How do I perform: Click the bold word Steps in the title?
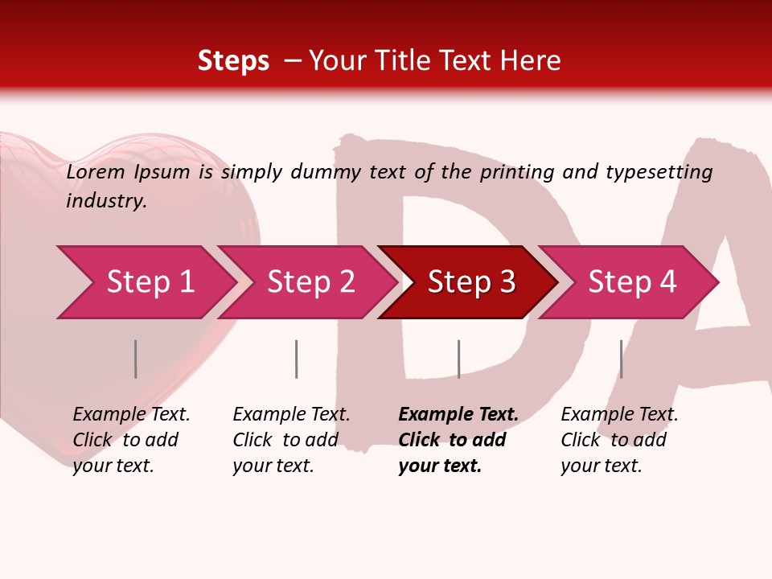[x=233, y=61]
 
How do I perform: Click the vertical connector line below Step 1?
[x=136, y=359]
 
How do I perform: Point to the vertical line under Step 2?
[x=297, y=359]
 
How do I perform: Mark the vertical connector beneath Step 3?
[x=458, y=359]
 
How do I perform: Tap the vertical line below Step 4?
[x=621, y=359]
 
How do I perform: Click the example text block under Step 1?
[x=131, y=440]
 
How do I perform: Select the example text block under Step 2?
[x=291, y=440]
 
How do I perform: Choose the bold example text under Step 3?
[x=458, y=440]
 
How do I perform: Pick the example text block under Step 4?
[x=619, y=440]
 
